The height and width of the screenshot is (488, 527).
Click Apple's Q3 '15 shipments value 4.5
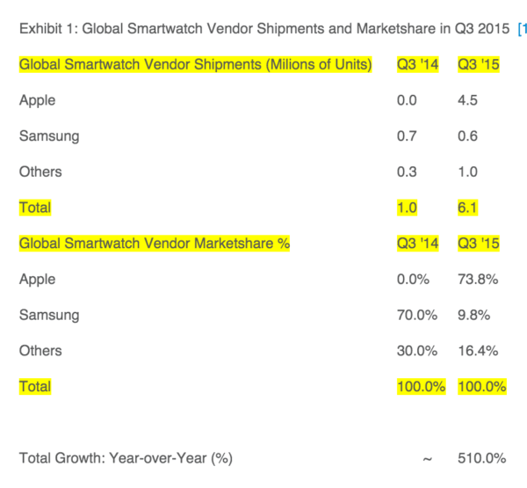point(468,100)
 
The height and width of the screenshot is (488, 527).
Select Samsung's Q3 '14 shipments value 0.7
point(407,136)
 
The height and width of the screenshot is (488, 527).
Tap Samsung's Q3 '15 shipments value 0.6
point(468,136)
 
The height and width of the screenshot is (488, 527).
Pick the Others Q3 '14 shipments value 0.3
point(407,172)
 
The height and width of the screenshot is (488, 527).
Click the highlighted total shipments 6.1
point(468,208)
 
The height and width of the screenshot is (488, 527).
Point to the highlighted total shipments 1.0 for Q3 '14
point(407,208)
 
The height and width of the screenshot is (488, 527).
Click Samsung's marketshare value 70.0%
point(416,315)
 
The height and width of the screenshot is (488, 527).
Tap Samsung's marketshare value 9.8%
point(474,315)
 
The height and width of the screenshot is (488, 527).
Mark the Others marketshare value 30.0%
point(416,351)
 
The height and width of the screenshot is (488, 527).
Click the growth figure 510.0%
point(481,458)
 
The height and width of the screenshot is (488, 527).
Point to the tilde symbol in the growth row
point(427,458)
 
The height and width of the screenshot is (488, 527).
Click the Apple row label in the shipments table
point(37,100)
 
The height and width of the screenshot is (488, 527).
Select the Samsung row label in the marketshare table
point(49,315)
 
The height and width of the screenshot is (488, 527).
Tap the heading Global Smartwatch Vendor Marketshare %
point(155,244)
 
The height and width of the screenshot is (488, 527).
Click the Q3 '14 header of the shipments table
point(417,65)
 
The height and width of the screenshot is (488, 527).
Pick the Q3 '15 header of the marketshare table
point(479,244)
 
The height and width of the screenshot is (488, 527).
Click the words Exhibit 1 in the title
point(45,28)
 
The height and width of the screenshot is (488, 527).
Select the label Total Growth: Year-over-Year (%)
point(126,458)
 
